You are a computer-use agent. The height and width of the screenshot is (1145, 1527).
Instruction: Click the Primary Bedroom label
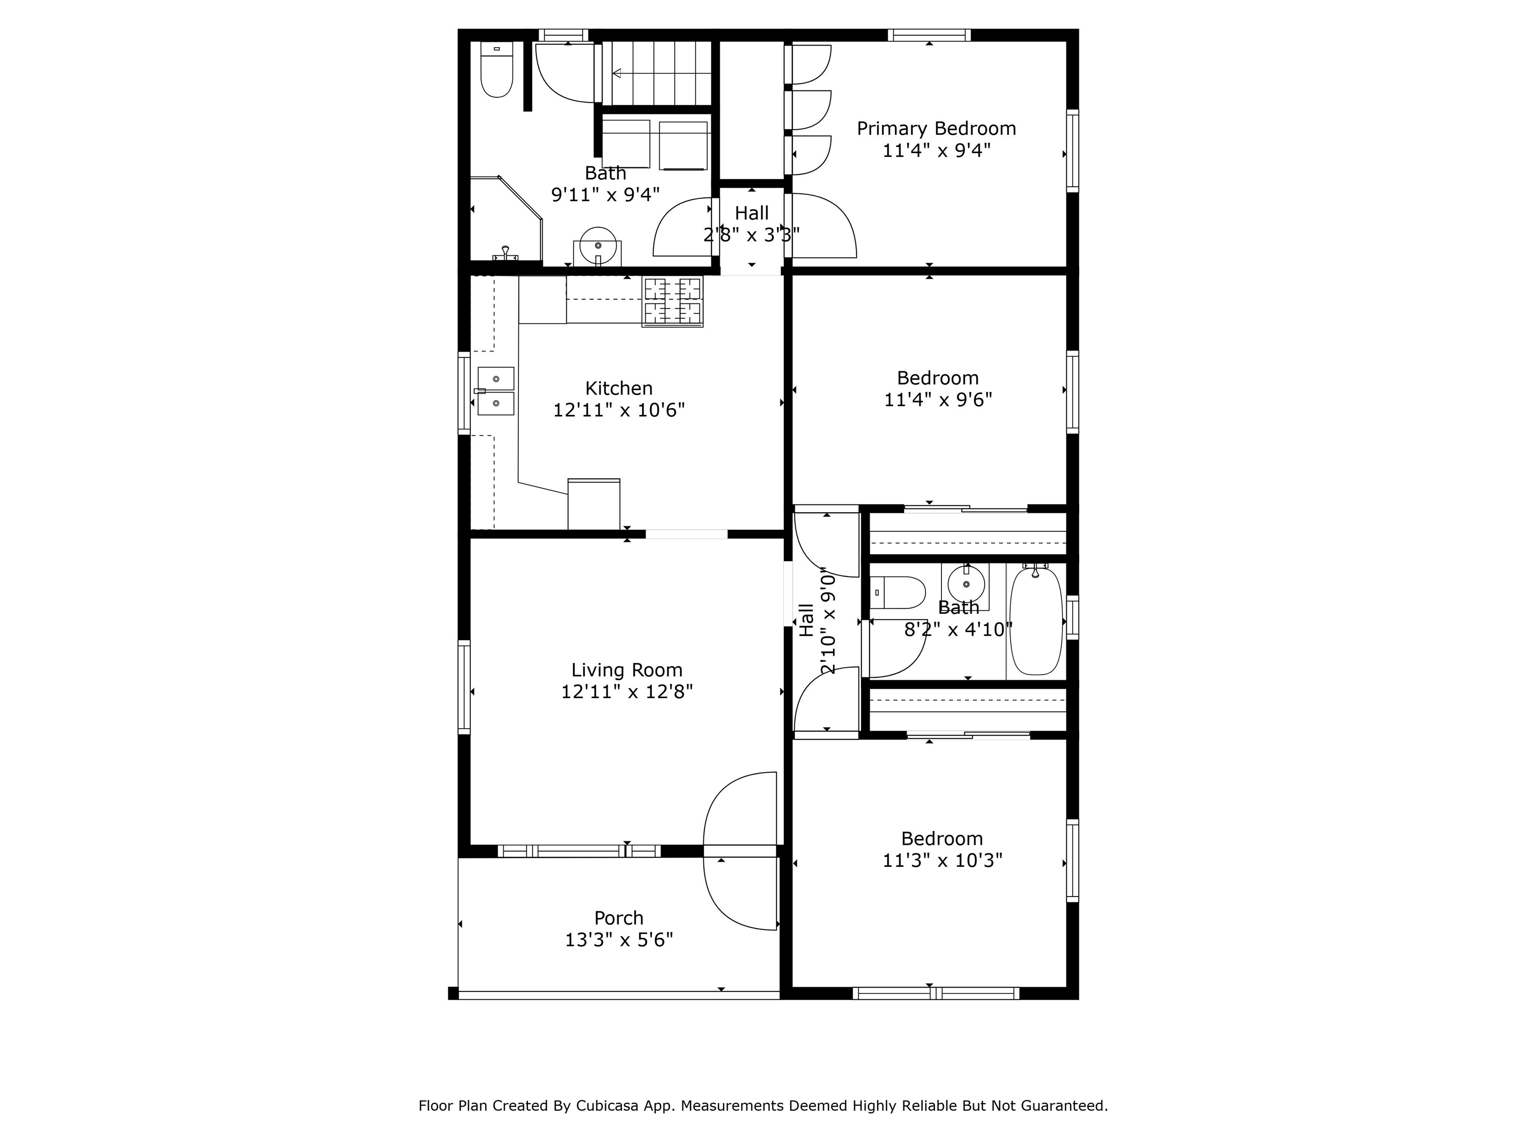pos(936,128)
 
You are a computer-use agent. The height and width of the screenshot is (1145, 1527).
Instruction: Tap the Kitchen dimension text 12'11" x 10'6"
pos(618,410)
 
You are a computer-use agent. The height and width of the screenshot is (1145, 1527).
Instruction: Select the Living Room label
pos(627,670)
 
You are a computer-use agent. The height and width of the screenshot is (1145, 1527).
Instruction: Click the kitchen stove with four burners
pos(673,301)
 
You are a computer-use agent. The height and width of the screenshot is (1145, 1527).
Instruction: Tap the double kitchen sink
pos(496,391)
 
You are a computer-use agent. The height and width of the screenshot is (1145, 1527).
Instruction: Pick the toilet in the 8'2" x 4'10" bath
pos(897,593)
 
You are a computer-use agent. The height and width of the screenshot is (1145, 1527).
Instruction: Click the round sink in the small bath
pos(965,584)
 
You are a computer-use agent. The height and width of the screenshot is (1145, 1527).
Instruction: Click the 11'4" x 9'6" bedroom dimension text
pos(938,400)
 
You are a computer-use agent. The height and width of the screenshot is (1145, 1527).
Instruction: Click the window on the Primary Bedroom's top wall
pos(929,35)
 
